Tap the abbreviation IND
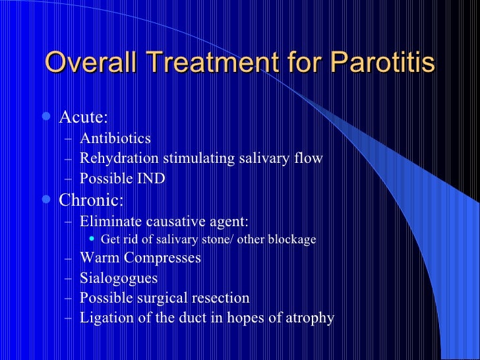[150, 179]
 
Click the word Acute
[83, 118]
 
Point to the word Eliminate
[110, 220]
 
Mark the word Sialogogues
[119, 278]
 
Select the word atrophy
[308, 318]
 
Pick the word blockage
[291, 239]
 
